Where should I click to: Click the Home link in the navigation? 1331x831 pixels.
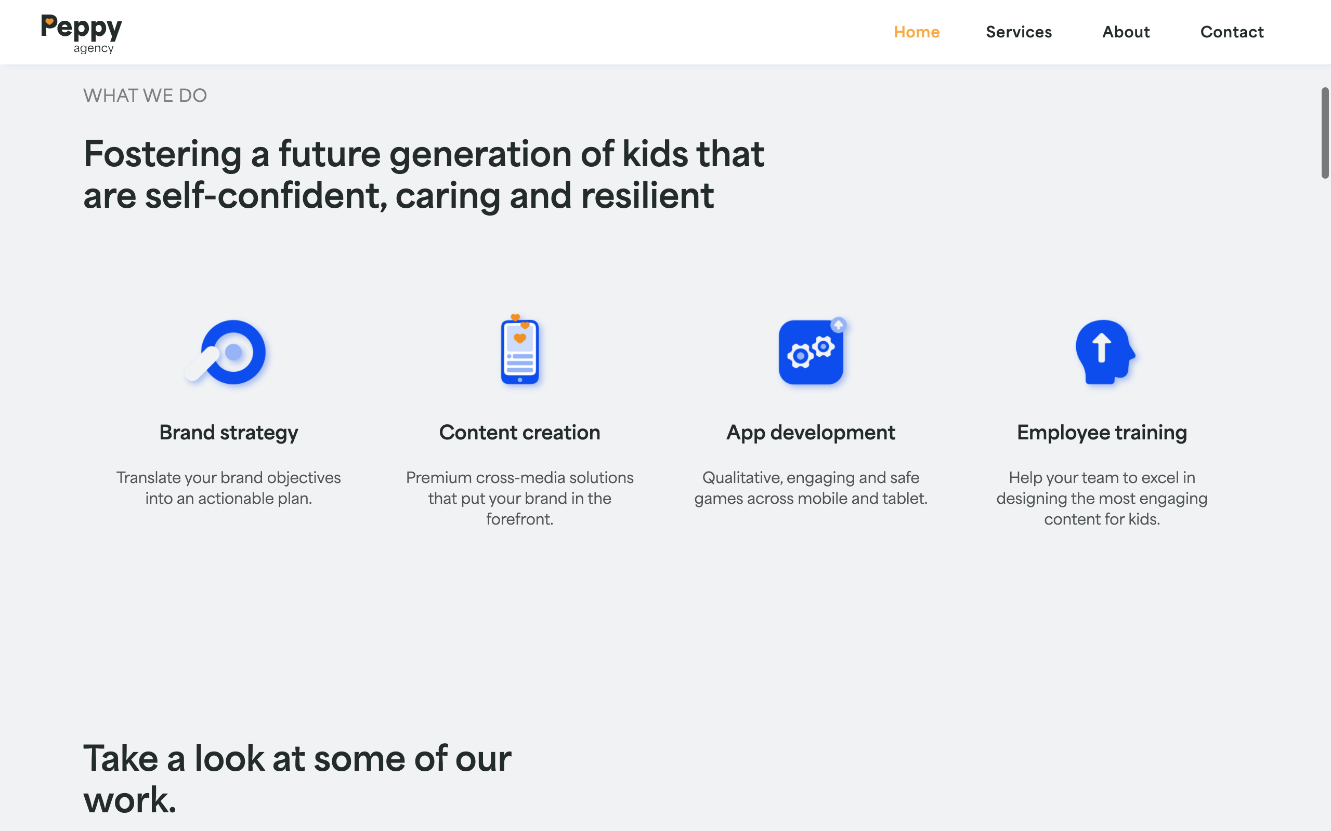[x=916, y=32]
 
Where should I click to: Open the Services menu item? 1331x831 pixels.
[x=1019, y=32]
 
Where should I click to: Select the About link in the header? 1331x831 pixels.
[x=1126, y=32]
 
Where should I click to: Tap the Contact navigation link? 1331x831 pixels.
[x=1232, y=32]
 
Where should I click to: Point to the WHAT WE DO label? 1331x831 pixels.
[x=145, y=96]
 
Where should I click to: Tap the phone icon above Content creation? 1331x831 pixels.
[x=520, y=350]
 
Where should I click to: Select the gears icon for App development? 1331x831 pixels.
[x=812, y=351]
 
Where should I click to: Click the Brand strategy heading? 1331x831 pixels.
[x=229, y=433]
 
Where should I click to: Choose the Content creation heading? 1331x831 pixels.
[x=520, y=433]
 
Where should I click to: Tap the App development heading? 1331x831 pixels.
[x=811, y=433]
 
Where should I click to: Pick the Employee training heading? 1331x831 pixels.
[x=1102, y=433]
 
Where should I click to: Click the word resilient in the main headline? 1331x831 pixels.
[x=647, y=196]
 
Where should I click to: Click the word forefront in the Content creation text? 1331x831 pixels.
[x=520, y=519]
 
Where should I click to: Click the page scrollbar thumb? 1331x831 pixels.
[x=1325, y=133]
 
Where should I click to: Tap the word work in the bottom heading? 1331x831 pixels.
[x=130, y=800]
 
